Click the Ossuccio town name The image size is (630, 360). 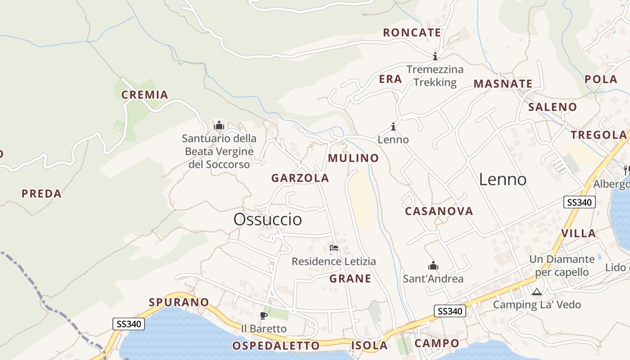coord(267,220)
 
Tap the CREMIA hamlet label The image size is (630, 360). coord(144,95)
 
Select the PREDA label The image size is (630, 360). coord(41,194)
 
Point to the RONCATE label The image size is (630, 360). coord(412,33)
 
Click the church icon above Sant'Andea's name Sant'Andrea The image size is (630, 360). coord(433,266)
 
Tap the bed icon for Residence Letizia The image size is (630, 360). coord(333,248)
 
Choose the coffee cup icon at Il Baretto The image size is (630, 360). coord(264,315)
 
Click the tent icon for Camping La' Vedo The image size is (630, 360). coord(536,292)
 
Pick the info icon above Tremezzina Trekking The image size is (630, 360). coord(435,56)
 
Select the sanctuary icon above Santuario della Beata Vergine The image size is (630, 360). coord(219,125)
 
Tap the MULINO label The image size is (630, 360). coord(353,158)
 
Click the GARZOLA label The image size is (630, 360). coord(300,178)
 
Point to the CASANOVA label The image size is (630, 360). coord(439,211)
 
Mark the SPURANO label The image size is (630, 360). coord(179,302)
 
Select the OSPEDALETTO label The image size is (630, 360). coord(276,346)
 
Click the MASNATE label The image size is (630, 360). coord(503,84)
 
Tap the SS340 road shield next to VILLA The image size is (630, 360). coord(579,202)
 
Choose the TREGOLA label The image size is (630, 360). coord(598,135)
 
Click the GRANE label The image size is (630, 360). coord(350,279)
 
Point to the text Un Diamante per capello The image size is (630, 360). coord(562,265)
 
